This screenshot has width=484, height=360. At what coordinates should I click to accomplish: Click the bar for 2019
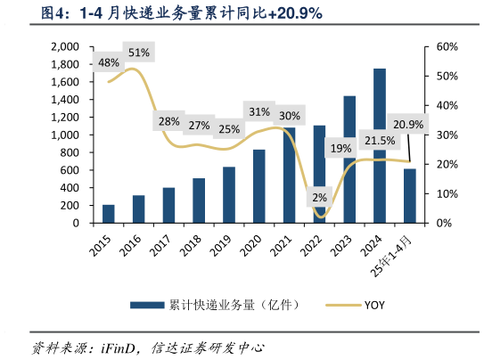pos(229,194)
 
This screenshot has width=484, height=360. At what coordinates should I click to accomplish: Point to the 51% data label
pos(139,53)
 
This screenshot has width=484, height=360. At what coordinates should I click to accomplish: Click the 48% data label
pos(109,62)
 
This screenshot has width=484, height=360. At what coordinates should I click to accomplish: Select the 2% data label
pos(319,197)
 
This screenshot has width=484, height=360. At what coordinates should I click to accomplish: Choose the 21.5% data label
pos(379,140)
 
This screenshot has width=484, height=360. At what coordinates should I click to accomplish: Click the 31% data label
pos(258,111)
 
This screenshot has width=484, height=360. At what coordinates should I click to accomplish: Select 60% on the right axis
pos(447,46)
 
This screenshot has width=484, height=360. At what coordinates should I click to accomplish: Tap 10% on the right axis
pos(447,193)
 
